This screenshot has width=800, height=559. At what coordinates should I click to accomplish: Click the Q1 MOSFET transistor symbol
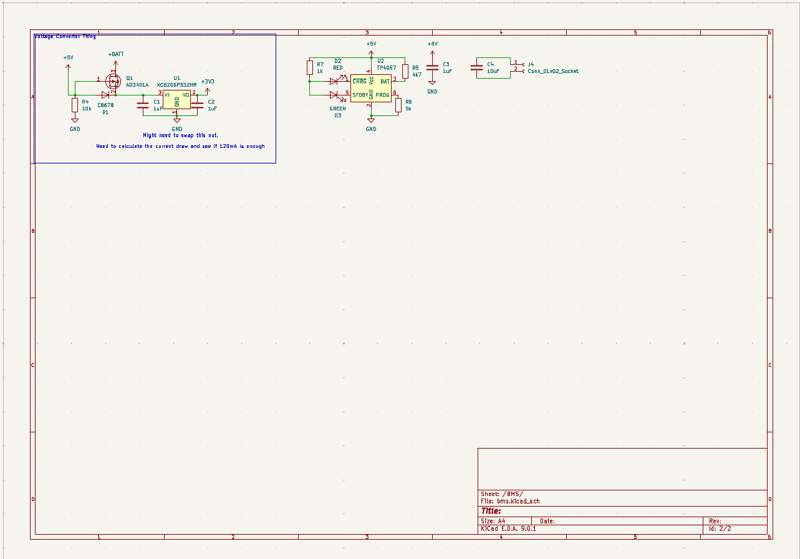(x=114, y=81)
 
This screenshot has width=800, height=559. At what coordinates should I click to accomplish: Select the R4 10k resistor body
(x=75, y=105)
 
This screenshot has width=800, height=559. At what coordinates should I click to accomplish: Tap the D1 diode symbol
(x=105, y=95)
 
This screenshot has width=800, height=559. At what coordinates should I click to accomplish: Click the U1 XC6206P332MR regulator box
(x=176, y=99)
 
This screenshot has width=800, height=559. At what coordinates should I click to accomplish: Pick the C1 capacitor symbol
(x=143, y=105)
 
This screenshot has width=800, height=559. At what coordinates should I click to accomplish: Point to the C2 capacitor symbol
(x=198, y=105)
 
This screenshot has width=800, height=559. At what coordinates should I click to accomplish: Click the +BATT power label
(x=116, y=55)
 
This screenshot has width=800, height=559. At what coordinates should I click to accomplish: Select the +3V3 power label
(x=208, y=82)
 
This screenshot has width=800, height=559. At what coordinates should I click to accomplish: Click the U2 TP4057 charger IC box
(x=371, y=88)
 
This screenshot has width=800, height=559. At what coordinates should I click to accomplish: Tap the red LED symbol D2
(x=334, y=80)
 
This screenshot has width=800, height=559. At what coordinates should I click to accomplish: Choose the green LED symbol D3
(x=334, y=95)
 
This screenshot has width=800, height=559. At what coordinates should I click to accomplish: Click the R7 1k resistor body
(x=310, y=67)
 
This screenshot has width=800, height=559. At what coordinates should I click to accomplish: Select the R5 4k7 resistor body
(x=405, y=71)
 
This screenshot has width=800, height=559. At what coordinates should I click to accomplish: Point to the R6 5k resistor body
(x=398, y=105)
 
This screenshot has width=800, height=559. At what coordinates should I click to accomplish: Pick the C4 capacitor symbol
(x=477, y=68)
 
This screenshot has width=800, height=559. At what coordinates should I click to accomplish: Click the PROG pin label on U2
(x=382, y=95)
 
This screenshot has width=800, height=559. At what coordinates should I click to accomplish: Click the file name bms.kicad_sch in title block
(x=518, y=501)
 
